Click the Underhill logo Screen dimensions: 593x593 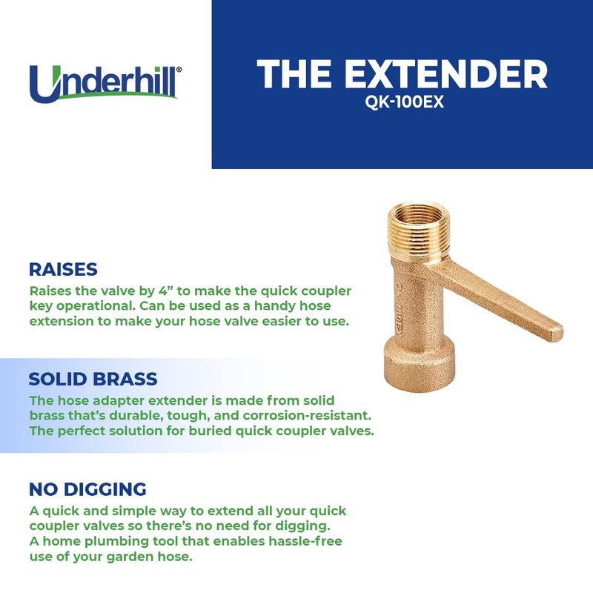click(x=105, y=83)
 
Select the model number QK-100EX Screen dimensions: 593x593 click(x=404, y=103)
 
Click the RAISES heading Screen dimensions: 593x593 click(x=63, y=269)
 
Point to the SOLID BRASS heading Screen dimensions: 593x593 click(x=93, y=380)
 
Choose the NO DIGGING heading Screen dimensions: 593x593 click(x=87, y=489)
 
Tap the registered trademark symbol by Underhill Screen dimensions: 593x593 click(x=178, y=68)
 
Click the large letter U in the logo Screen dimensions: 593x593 click(x=46, y=84)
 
